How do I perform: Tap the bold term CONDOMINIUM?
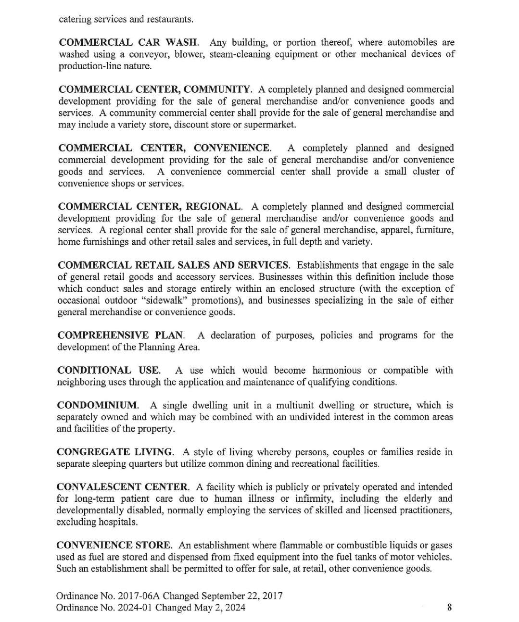(98, 405)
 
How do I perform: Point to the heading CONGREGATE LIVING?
(115, 452)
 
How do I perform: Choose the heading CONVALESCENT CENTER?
(123, 487)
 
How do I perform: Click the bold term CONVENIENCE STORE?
(114, 545)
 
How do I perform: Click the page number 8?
(449, 608)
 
